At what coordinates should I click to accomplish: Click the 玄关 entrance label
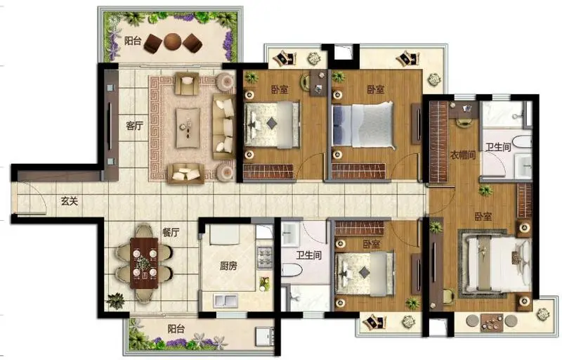pos(69,201)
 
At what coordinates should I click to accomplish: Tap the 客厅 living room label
pos(134,125)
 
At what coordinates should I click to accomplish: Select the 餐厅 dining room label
pos(171,232)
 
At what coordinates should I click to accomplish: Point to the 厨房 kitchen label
pos(228,266)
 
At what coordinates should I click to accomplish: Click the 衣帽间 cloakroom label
pos(463,155)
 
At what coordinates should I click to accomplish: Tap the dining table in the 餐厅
pos(144,263)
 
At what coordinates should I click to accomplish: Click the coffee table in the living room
pos(188,128)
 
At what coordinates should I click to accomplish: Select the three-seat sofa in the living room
pos(223,127)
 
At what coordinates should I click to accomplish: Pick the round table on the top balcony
pos(173,42)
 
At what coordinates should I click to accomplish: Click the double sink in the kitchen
pos(226,300)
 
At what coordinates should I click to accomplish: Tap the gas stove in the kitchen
pos(265,257)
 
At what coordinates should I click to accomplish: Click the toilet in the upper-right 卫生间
pos(521,141)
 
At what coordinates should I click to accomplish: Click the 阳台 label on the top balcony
pos(133,41)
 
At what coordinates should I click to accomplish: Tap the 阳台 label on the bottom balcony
pos(176,328)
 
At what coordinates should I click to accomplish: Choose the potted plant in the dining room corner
pos(116,300)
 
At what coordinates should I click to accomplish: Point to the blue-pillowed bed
pos(363,125)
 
